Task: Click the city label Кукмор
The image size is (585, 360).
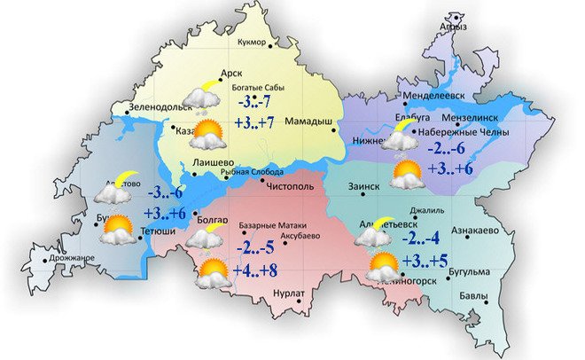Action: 257,42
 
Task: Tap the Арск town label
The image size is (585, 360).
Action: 230,74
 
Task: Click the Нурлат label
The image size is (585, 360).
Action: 290,293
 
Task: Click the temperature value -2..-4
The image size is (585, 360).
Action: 422,238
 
